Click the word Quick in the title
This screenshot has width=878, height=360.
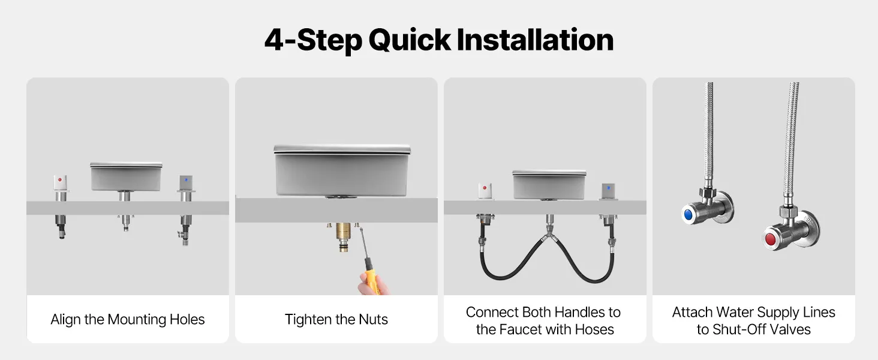[410, 40]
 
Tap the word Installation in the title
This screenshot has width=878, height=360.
[535, 39]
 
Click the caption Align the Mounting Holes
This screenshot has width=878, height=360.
[127, 320]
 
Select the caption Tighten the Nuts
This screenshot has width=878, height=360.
[336, 320]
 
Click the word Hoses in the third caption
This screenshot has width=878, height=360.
[594, 329]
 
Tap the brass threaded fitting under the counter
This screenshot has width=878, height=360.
[344, 236]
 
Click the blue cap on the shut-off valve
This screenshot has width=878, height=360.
[688, 215]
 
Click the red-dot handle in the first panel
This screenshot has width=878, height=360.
[60, 183]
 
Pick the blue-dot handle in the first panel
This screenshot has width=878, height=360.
[186, 183]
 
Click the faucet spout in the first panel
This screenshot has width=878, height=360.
[126, 176]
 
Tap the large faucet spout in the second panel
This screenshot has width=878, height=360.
[342, 170]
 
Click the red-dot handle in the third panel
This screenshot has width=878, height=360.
[485, 191]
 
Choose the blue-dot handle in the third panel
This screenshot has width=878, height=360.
[608, 191]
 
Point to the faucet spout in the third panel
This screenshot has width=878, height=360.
[549, 185]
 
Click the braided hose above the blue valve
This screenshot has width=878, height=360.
[708, 133]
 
